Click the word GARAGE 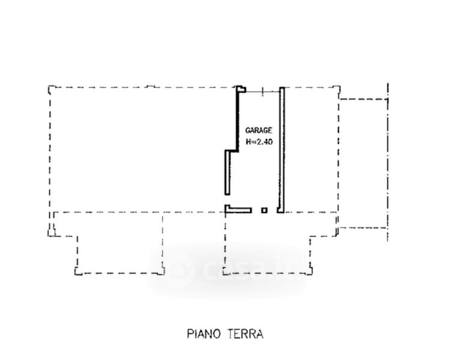pos(259,130)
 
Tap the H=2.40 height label pos(259,142)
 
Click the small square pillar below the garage pos(264,210)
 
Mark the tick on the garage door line pos(263,91)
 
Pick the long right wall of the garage pos(282,150)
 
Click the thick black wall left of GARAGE pos(238,119)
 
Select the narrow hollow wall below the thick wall pos(227,172)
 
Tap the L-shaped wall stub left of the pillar pos(238,210)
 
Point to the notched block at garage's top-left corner pos(241,89)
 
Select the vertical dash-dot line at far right pos(388,162)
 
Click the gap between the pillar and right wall pos(272,210)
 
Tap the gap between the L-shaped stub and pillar pos(257,210)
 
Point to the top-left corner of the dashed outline pos(49,86)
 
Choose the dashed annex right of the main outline pos(363,163)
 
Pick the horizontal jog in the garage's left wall pos(232,151)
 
